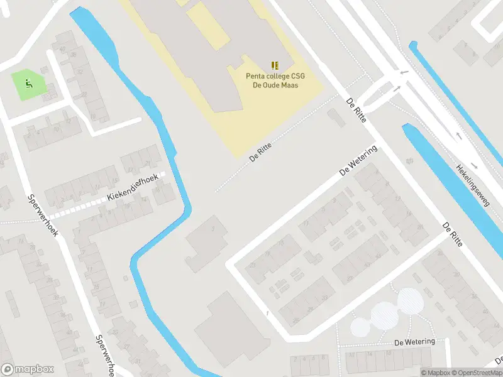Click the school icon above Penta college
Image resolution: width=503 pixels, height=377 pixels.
(274, 65)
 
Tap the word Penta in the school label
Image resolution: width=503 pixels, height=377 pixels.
(257, 77)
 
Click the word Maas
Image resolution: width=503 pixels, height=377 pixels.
(290, 85)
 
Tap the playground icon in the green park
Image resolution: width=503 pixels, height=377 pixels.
(28, 82)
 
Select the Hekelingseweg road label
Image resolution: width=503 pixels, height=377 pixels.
(473, 186)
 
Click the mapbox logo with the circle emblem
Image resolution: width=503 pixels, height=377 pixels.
(28, 369)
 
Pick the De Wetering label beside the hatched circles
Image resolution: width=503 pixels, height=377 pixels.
(414, 342)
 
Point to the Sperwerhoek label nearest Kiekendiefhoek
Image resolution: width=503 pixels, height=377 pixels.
(43, 215)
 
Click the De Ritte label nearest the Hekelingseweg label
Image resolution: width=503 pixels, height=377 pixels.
(452, 234)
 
